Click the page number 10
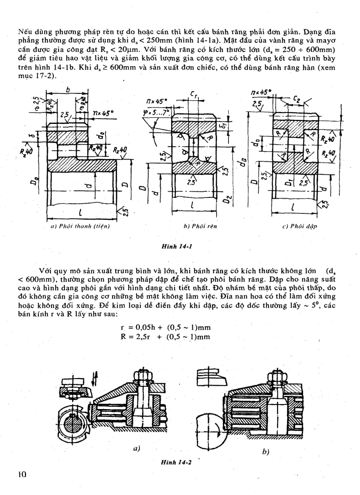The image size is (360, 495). point(22,474)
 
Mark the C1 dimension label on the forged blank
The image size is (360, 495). point(194,94)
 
